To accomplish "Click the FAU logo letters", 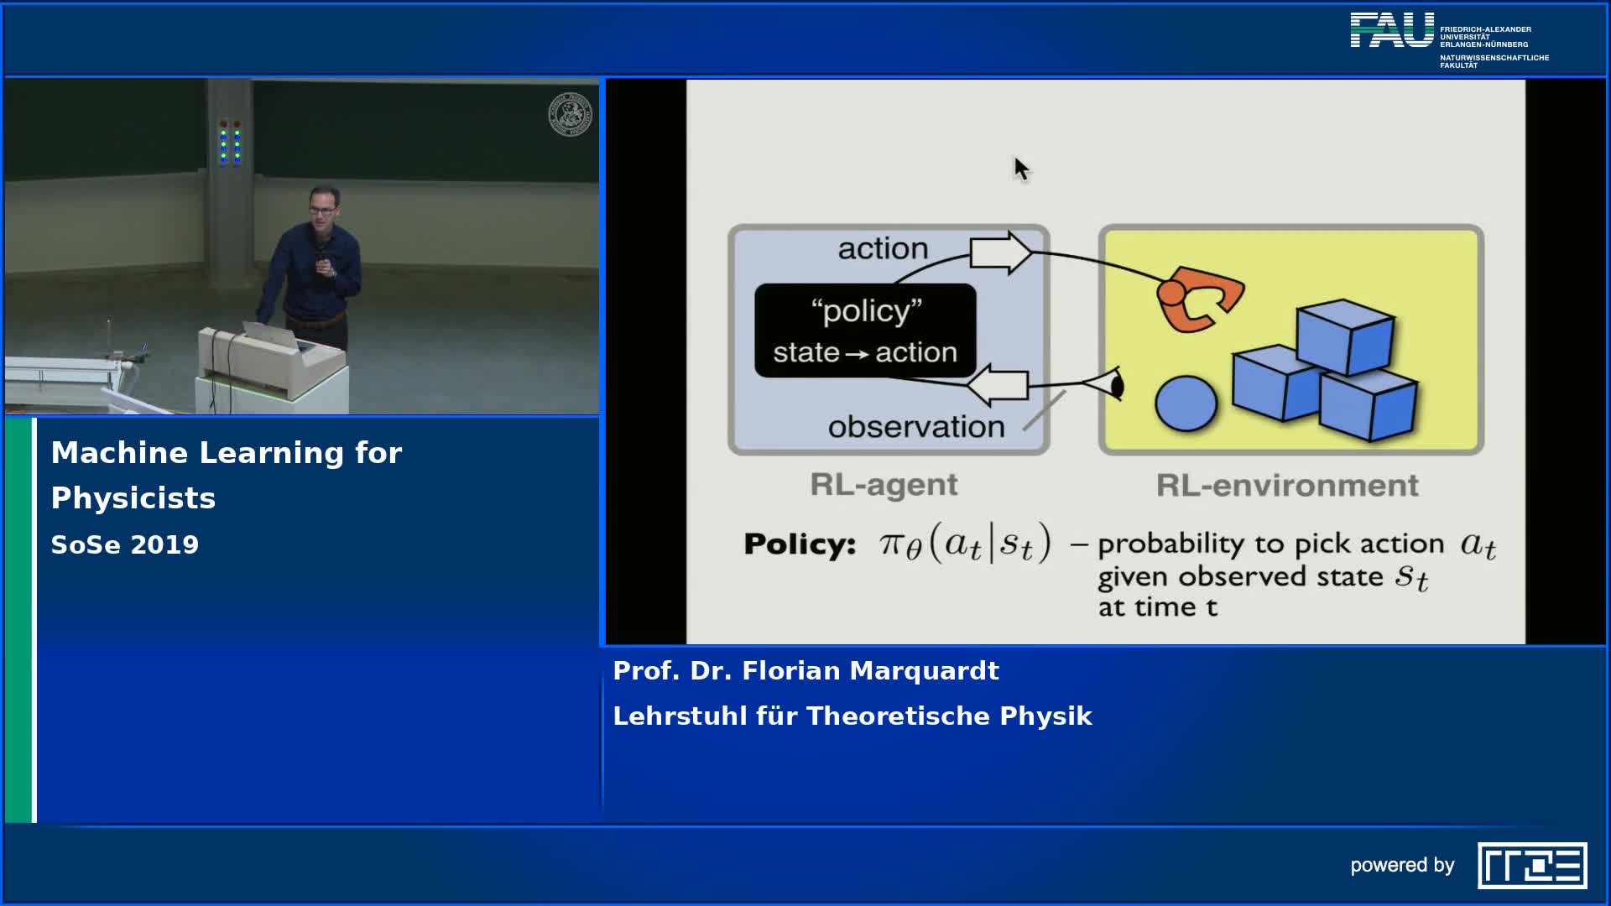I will (x=1392, y=30).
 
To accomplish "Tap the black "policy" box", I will (x=865, y=331).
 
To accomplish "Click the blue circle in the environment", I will (x=1186, y=404).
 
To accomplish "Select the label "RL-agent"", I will (x=884, y=485).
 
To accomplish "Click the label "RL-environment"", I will (x=1287, y=485).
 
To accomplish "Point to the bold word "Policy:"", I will (x=799, y=544).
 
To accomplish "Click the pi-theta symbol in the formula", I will (x=900, y=545).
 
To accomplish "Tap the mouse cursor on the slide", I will (x=1019, y=168).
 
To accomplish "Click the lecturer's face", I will (x=323, y=206).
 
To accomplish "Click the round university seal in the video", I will (x=570, y=115).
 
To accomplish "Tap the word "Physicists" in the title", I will (x=133, y=498).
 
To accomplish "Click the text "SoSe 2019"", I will (x=125, y=545).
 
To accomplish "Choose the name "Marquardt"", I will (x=924, y=671).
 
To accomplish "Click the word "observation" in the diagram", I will (x=916, y=427).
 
